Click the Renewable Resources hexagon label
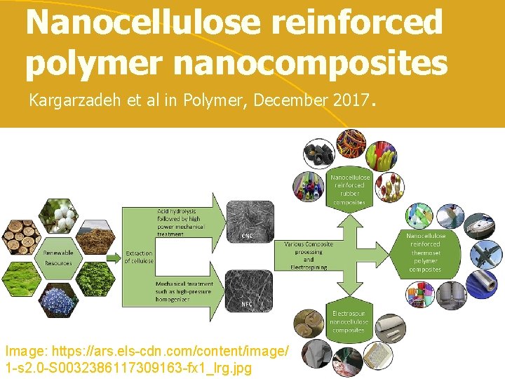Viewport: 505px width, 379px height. point(58,258)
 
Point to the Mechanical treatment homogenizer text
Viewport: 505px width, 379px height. point(184,291)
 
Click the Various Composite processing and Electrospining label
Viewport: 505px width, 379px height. point(309,255)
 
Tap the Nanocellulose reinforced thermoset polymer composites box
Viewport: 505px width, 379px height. point(426,253)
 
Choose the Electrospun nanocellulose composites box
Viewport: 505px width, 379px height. point(349,320)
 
